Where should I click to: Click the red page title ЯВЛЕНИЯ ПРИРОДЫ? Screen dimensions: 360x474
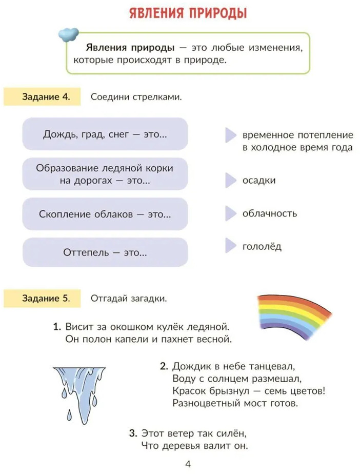188,13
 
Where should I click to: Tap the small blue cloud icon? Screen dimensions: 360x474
69,34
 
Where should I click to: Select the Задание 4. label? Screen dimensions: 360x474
43,97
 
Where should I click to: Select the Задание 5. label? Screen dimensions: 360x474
43,299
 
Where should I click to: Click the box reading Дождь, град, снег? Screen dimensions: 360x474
105,134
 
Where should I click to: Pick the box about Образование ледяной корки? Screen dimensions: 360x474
105,174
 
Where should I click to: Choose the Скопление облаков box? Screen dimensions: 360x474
105,214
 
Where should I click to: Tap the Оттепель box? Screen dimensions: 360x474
105,252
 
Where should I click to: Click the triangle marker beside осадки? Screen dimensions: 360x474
230,181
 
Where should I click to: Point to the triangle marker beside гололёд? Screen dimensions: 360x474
230,245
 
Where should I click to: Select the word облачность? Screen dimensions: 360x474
270,213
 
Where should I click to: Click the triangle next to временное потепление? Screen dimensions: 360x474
230,135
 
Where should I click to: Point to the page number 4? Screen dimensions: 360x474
188,464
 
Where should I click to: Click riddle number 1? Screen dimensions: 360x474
143,333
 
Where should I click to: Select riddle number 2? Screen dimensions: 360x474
243,385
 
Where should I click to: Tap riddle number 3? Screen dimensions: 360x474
188,439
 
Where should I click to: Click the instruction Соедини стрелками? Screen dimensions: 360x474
136,97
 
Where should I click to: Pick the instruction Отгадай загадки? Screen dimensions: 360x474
129,299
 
